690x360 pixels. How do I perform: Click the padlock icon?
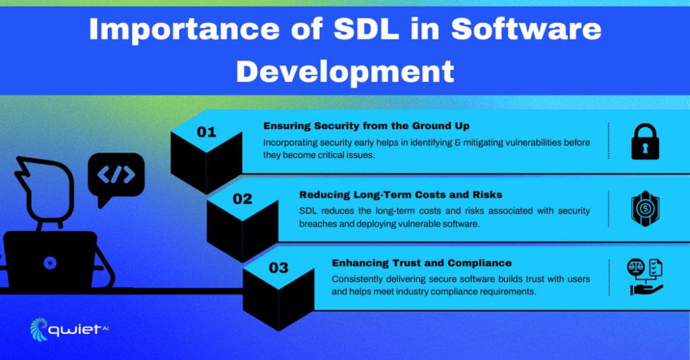[645, 142]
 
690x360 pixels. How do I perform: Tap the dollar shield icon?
[645, 210]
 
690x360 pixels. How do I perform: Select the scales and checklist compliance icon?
[646, 276]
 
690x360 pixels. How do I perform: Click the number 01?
[206, 132]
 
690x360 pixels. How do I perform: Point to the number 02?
[242, 200]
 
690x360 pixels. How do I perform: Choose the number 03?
[278, 268]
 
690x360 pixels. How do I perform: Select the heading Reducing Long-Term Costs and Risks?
[400, 195]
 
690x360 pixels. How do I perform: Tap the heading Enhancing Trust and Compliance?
[421, 263]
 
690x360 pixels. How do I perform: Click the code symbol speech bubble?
[116, 177]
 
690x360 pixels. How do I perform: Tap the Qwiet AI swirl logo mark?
[39, 329]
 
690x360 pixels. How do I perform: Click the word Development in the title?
[344, 71]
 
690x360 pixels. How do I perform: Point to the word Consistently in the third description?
[358, 279]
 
